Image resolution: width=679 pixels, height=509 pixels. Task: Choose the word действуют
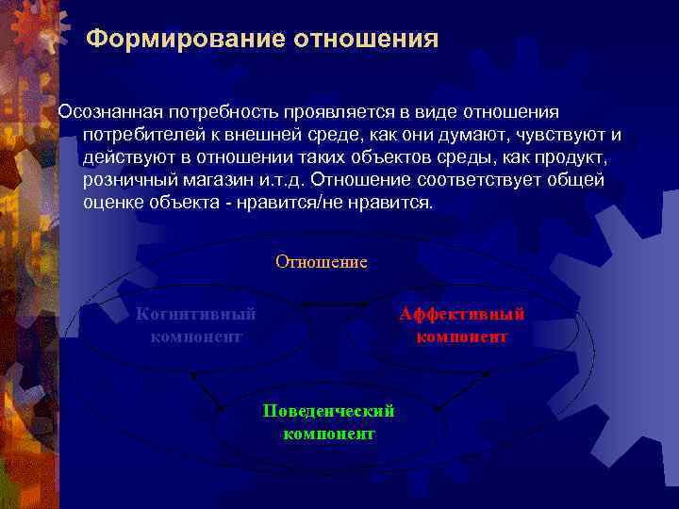click(x=126, y=158)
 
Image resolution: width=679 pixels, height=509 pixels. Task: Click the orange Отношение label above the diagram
click(x=321, y=262)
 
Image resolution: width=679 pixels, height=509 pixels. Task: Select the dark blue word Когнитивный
click(x=196, y=315)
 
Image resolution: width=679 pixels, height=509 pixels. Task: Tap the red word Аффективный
click(x=461, y=315)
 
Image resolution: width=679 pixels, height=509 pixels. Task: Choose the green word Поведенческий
click(x=328, y=412)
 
